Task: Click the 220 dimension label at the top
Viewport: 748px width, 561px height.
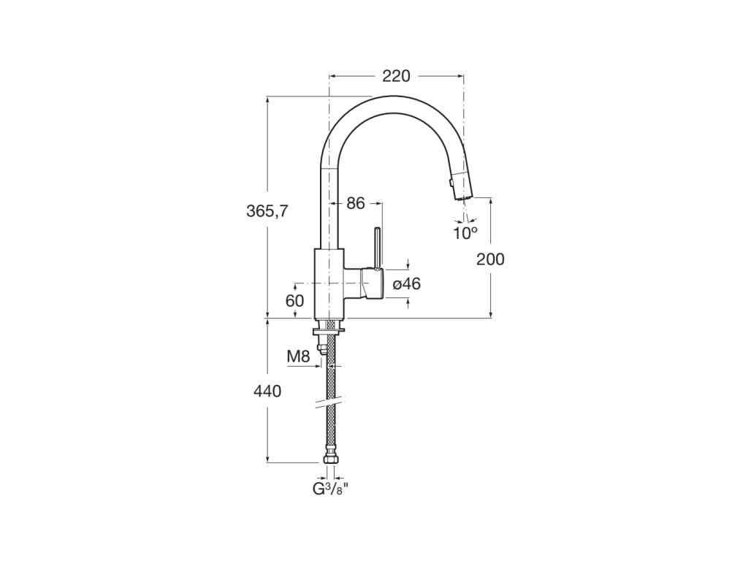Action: click(x=396, y=76)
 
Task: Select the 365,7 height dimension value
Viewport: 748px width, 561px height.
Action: click(x=267, y=211)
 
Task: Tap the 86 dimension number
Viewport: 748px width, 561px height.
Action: click(x=356, y=204)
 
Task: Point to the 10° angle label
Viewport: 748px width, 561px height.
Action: click(x=465, y=232)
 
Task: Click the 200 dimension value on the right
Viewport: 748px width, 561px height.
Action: click(x=490, y=259)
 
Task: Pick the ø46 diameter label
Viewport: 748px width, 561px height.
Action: click(x=407, y=284)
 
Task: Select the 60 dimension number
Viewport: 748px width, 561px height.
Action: click(x=294, y=300)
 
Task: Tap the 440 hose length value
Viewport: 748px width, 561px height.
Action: click(x=267, y=392)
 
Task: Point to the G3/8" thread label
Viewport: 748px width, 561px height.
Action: click(x=331, y=489)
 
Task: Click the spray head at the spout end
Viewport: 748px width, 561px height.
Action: click(x=460, y=186)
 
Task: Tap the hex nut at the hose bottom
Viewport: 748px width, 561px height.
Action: click(x=331, y=460)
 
